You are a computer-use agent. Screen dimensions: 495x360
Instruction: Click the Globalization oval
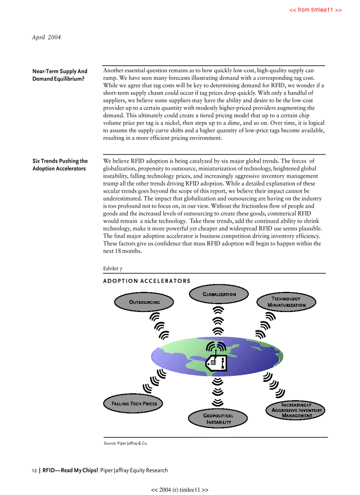click(219, 294)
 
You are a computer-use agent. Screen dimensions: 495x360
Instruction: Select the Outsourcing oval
click(144, 302)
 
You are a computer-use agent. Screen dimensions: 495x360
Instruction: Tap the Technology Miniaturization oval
click(286, 302)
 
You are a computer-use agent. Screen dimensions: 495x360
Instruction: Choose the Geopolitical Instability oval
click(218, 419)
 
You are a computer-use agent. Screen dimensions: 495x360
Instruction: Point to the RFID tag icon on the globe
click(216, 361)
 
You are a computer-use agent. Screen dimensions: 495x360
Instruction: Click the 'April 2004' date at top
click(46, 37)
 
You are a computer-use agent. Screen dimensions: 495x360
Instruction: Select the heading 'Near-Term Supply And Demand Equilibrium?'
click(60, 75)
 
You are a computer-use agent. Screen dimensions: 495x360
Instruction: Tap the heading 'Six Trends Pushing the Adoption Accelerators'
click(60, 165)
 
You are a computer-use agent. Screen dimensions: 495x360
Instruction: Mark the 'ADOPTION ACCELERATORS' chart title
click(146, 281)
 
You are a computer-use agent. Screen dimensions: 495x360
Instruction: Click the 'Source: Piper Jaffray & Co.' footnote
click(126, 443)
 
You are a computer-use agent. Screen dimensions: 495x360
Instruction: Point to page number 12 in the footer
click(34, 470)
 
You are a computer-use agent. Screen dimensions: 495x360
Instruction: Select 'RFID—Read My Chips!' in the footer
click(70, 470)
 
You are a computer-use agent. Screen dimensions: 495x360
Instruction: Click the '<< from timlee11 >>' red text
click(315, 10)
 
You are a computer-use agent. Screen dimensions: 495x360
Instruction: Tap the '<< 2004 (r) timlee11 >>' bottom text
click(180, 490)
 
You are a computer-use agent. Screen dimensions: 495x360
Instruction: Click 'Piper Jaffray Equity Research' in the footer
click(134, 470)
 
